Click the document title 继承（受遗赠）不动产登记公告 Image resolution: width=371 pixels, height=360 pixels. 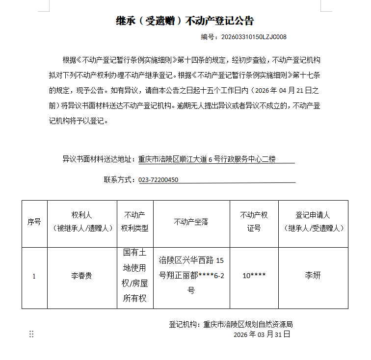[185, 21]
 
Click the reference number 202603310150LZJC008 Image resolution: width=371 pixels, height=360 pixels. [254, 37]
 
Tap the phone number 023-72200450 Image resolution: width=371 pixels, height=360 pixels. [159, 180]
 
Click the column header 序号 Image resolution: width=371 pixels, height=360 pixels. [34, 222]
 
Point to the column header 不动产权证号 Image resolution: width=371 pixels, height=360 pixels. [254, 222]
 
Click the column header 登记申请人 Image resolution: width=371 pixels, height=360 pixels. [313, 222]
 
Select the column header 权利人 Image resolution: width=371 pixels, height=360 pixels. [82, 222]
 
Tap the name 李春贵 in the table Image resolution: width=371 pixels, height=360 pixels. [81, 276]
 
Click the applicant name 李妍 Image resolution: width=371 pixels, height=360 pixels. [313, 276]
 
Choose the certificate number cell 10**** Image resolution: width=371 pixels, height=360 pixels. [254, 276]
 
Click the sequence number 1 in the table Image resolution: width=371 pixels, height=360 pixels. [34, 276]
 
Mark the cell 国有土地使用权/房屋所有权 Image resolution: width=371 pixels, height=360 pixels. [134, 276]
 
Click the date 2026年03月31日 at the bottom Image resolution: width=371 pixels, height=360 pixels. [262, 334]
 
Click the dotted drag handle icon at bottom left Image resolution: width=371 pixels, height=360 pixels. [31, 334]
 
